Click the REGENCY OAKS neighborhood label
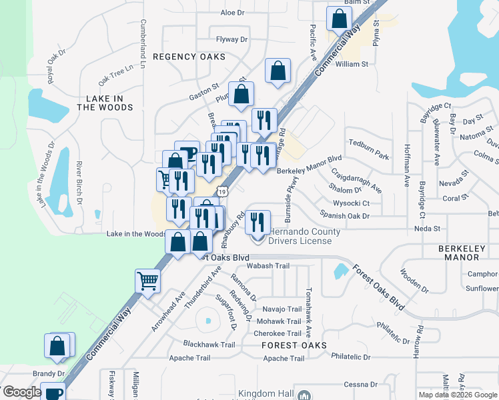[189, 57]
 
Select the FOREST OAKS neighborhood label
[294, 345]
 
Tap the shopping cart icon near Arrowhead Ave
[147, 280]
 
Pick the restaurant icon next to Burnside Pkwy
[254, 221]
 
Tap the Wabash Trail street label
[268, 266]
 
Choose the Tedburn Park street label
[368, 155]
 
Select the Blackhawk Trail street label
[209, 345]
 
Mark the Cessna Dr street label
[360, 385]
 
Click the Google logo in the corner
[22, 392]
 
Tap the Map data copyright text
[458, 395]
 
